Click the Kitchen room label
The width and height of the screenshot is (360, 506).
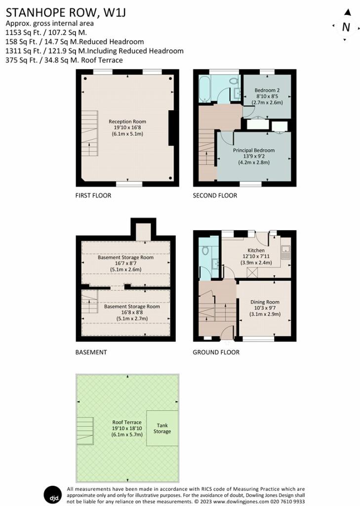[256, 251]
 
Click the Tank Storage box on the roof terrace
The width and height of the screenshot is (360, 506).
[162, 428]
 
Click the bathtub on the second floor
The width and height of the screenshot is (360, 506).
[204, 88]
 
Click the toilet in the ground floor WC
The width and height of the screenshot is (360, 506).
[205, 251]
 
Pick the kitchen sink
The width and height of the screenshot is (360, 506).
[286, 253]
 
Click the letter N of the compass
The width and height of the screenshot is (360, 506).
[346, 27]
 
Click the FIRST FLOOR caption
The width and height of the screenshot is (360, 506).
[93, 196]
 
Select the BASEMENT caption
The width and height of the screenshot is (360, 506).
[91, 352]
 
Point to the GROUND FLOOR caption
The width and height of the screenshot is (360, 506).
[216, 352]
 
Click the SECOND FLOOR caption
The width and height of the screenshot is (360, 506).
[215, 196]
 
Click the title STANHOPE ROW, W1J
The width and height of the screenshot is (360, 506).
[66, 12]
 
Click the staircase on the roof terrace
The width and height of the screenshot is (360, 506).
[85, 431]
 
